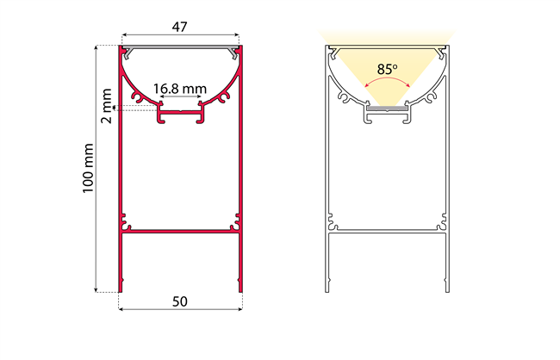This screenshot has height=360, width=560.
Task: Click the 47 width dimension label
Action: pyautogui.click(x=179, y=27)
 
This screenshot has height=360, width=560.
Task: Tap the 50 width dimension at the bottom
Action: pyautogui.click(x=180, y=301)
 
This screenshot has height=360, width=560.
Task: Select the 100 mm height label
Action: pyautogui.click(x=88, y=168)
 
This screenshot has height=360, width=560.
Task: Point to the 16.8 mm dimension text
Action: pyautogui.click(x=180, y=89)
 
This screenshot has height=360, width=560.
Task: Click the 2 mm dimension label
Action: pyautogui.click(x=107, y=106)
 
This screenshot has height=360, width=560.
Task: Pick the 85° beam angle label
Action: pyautogui.click(x=388, y=69)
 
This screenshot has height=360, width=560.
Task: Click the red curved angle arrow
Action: pyautogui.click(x=387, y=81)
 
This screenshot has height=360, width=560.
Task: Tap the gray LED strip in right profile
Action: pyautogui.click(x=387, y=108)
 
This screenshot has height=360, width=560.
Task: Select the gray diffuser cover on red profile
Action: pyautogui.click(x=180, y=47)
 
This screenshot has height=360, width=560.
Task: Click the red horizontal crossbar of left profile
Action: pyautogui.click(x=180, y=232)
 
